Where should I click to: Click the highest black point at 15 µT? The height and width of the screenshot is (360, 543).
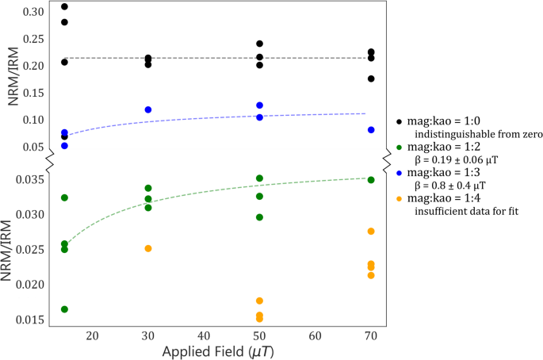coord(64,7)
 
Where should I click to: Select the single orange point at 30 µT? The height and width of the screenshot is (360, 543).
coord(148,248)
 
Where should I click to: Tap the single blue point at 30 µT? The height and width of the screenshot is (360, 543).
coord(148,109)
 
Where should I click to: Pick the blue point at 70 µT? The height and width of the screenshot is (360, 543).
coord(371,130)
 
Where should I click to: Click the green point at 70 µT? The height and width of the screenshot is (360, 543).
coord(371,180)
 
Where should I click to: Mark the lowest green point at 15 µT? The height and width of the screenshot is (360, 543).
coord(64,309)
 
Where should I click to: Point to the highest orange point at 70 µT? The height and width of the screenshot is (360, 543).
coord(371,231)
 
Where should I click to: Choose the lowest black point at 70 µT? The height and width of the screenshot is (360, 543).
coord(371,79)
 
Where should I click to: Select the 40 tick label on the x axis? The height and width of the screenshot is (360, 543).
coord(204,336)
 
